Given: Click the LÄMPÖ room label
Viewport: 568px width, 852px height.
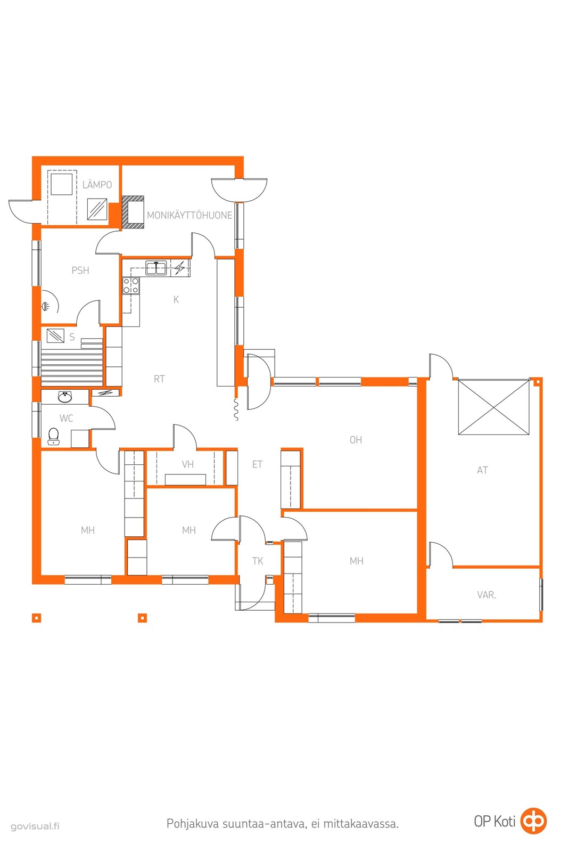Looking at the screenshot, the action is click(97, 184).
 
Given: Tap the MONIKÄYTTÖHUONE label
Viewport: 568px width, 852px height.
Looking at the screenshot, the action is click(190, 215).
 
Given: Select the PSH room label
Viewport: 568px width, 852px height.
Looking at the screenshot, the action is click(80, 271).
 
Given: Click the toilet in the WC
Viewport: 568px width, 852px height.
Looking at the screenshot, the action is click(54, 436).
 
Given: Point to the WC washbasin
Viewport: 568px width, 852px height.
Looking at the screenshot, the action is click(65, 397).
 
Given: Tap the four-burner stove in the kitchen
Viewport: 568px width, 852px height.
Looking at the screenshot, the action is click(131, 285).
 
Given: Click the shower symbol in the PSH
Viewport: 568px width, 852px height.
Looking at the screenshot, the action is click(46, 306).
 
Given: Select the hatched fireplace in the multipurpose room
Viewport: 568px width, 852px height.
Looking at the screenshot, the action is click(133, 212).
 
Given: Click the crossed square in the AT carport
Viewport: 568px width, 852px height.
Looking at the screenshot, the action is click(493, 407).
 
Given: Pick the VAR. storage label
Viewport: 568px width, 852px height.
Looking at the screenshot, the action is click(486, 595).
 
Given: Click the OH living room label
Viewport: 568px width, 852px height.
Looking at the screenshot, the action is click(356, 440).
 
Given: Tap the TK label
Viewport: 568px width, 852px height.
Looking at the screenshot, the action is click(258, 561).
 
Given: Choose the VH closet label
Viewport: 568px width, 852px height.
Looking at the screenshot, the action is click(188, 464).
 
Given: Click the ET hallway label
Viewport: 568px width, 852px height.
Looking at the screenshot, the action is click(258, 464).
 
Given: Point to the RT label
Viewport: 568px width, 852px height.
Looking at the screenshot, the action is click(159, 379).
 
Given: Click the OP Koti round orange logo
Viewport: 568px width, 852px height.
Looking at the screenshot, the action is click(533, 821).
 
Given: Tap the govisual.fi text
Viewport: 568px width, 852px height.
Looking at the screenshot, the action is click(35, 826).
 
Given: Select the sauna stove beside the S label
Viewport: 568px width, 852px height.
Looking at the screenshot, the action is click(55, 336).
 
